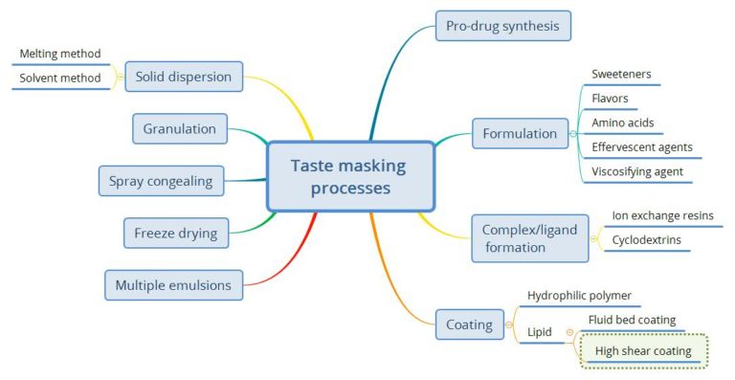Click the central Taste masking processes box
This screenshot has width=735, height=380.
coord(348,177)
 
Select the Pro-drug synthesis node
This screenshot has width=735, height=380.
coord(502,26)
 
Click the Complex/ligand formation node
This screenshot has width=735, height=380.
coord(529,238)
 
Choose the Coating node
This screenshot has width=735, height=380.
coord(469,324)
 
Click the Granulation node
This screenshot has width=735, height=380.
coord(179,129)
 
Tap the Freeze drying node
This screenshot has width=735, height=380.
coord(175,233)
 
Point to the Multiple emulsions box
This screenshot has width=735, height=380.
coord(173,284)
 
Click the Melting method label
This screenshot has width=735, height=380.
coord(60,55)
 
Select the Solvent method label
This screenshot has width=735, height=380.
coord(60,78)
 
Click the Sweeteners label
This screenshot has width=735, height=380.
coord(621,75)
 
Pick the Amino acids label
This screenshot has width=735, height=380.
coord(622,123)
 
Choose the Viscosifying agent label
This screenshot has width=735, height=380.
coord(636,172)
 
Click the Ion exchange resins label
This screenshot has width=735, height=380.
coord(662,216)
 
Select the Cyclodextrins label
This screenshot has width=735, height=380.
coord(646,240)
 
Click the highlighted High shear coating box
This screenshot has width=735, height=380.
coord(643,351)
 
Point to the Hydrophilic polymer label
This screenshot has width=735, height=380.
coord(579,296)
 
